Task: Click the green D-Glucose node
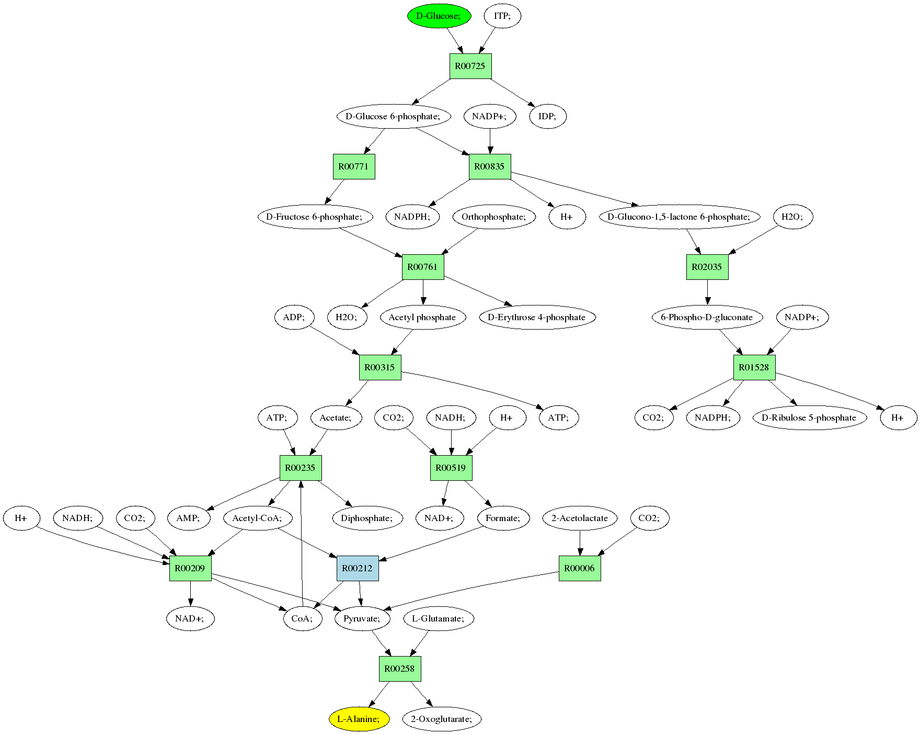coord(439,16)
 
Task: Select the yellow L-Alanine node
coord(359,719)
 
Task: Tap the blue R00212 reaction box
coord(358,568)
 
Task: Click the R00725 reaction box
coord(470,66)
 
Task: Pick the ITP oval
coord(502,16)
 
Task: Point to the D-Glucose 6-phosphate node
coord(393,116)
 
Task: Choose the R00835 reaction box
coord(490,166)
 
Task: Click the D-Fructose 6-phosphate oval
coord(315,217)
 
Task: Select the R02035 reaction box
coord(707,267)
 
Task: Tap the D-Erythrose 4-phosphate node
coord(537,317)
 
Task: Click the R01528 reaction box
coord(754,367)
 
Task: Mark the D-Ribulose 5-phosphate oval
coord(809,417)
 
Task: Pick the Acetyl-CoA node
coord(257,518)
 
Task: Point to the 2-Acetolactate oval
coord(580,518)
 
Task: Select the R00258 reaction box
coord(400,669)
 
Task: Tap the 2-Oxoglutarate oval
coord(442,719)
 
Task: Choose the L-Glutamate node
coord(438,618)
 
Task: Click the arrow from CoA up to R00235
coord(301,544)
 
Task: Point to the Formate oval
coord(503,518)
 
